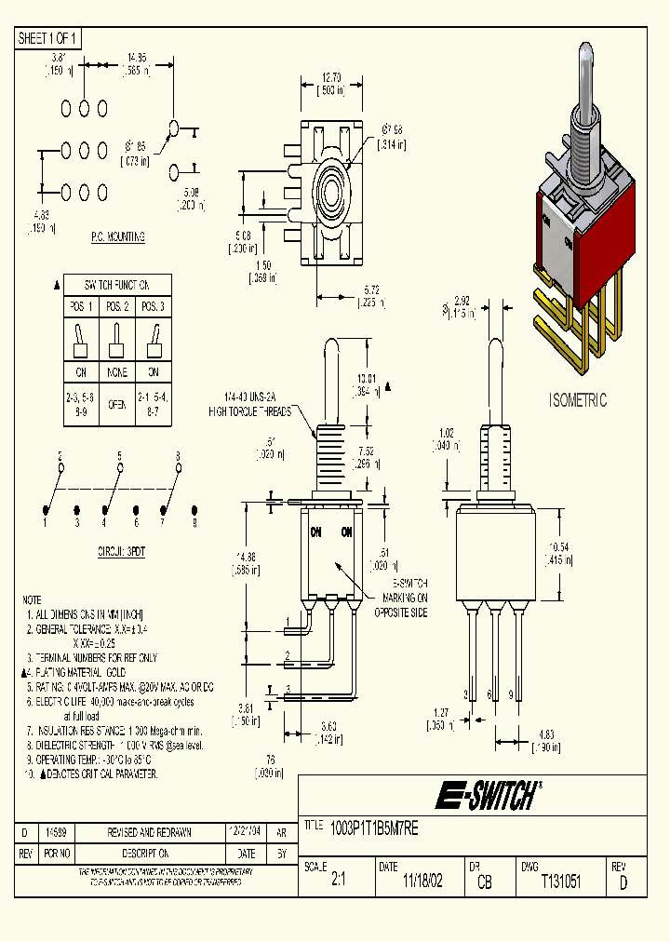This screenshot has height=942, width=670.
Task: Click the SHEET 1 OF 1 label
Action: point(49,38)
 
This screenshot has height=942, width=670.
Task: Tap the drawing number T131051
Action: point(560,881)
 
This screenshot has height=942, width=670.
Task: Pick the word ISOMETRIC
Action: point(577,400)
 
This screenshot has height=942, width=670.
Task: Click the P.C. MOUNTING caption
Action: point(117,237)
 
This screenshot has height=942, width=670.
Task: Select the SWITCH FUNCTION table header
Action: point(116,285)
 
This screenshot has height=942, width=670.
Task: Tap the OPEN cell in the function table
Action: point(116,405)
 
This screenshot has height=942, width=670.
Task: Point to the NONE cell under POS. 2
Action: point(116,373)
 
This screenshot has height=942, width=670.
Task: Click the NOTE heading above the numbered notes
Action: point(32,599)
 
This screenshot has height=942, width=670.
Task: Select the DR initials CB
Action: point(485,881)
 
